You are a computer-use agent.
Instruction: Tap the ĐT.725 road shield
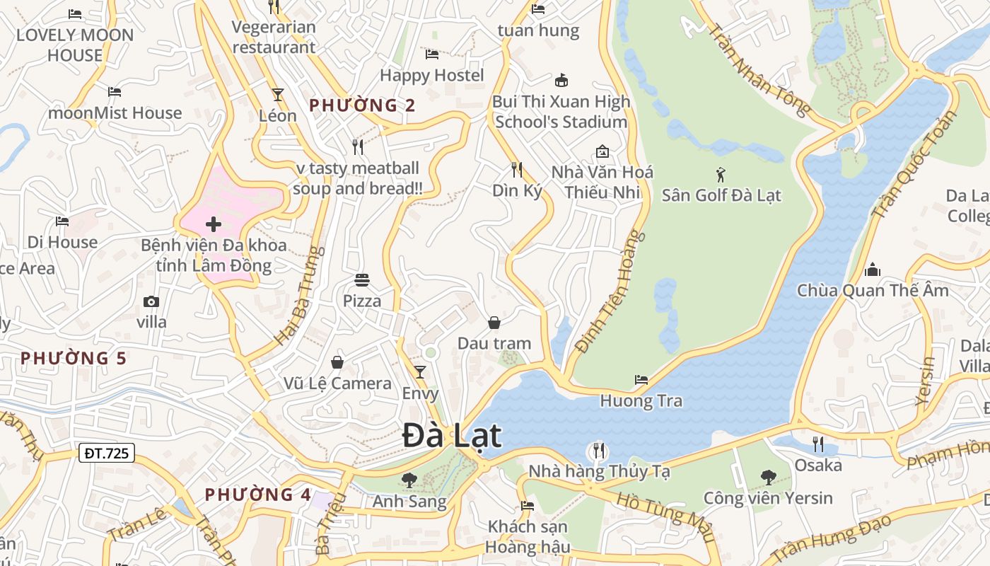point(106,453)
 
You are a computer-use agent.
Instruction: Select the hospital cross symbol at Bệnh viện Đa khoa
point(213,225)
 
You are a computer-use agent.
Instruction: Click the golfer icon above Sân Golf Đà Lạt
point(721,174)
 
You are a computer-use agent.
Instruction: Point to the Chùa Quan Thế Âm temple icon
point(873,270)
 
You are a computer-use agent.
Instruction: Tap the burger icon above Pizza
point(362,280)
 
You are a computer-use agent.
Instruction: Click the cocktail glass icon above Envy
point(420,372)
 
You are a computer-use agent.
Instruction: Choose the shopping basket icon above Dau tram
point(494,323)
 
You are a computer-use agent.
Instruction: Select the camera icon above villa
point(151,302)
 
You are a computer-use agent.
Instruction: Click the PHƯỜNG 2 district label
point(362,105)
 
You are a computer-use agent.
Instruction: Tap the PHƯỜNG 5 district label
point(74,358)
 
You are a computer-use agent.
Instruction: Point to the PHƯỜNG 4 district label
point(258,495)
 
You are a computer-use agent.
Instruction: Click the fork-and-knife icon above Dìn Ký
point(517,169)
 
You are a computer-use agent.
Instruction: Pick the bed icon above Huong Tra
point(641,380)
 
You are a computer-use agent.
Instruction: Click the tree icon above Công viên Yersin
point(768,478)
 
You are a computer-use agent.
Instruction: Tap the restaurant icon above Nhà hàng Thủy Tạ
point(598,450)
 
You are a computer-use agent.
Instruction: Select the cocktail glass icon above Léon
point(278,94)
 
